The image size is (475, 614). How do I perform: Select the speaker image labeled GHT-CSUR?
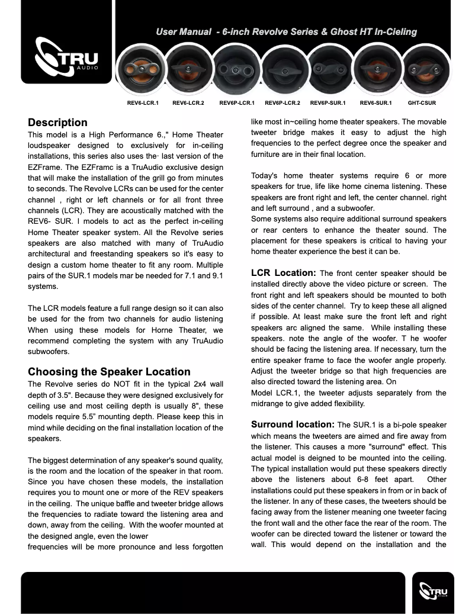pyautogui.click(x=422, y=69)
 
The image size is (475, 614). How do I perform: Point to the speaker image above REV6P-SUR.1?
pyautogui.click(x=328, y=69)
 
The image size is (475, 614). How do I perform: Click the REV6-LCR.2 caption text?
pyautogui.click(x=188, y=103)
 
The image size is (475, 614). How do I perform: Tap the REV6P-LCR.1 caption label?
pyautogui.click(x=236, y=103)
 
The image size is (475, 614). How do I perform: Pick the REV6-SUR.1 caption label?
pyautogui.click(x=375, y=103)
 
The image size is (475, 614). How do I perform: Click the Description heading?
pyautogui.click(x=57, y=123)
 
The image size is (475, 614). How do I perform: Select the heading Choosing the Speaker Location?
pyautogui.click(x=109, y=372)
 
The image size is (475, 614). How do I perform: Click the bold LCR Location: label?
pyautogui.click(x=283, y=273)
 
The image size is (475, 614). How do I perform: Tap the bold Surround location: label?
pyautogui.click(x=293, y=425)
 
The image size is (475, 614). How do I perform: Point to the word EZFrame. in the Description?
pyautogui.click(x=44, y=167)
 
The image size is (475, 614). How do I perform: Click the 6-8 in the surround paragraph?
pyautogui.click(x=359, y=479)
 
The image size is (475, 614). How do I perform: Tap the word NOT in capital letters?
pyautogui.click(x=125, y=384)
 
